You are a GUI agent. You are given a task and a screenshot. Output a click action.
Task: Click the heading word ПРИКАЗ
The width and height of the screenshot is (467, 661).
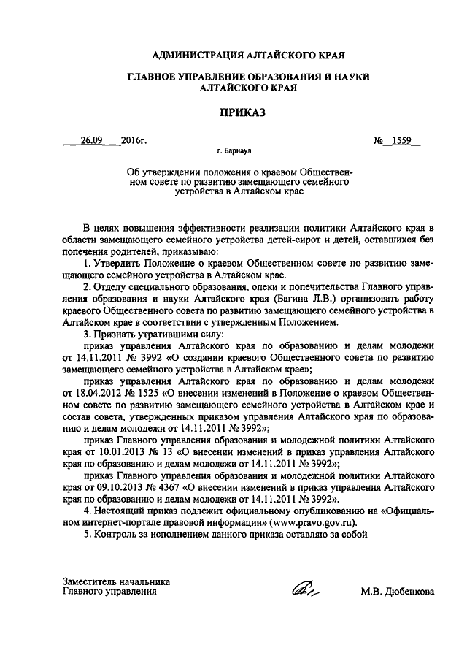point(233,113)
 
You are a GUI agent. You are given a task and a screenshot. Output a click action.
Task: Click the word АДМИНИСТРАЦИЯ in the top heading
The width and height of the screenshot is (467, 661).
point(195,55)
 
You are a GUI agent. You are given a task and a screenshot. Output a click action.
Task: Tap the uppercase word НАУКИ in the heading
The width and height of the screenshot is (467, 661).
point(345,76)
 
